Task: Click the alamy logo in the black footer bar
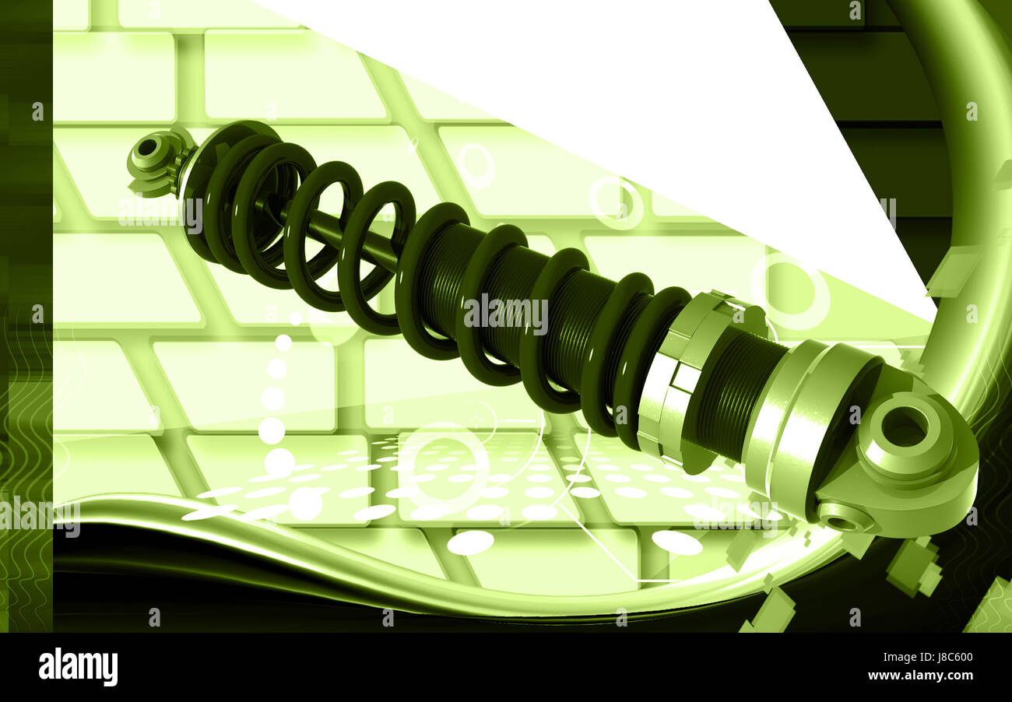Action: (x=78, y=667)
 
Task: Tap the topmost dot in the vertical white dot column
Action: (x=283, y=342)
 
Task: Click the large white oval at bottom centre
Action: (x=470, y=542)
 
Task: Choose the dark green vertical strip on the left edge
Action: (x=26, y=311)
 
